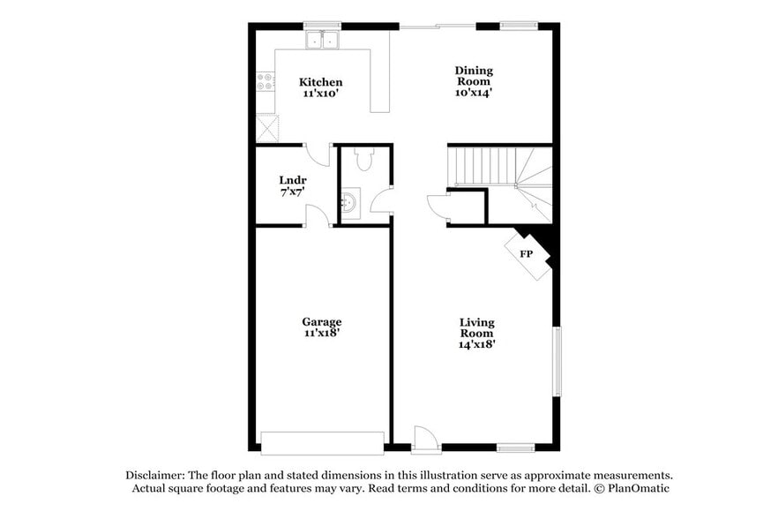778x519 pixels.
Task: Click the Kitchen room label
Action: coord(320,82)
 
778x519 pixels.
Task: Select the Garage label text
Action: coord(321,322)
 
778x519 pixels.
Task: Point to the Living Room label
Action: coord(476,327)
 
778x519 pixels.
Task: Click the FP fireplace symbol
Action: coord(527,254)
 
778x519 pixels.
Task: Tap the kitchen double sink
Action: coord(322,40)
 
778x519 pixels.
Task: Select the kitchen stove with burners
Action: coord(265,81)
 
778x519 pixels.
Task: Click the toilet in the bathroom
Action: coord(364,159)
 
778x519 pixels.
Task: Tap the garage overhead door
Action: coord(322,442)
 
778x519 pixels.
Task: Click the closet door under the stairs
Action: coord(438,207)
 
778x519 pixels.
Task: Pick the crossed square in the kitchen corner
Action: coord(266,128)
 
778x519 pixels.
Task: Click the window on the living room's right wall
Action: coord(557,362)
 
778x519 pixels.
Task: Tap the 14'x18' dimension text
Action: coord(476,345)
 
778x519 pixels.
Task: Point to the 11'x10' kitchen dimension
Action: coord(320,93)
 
